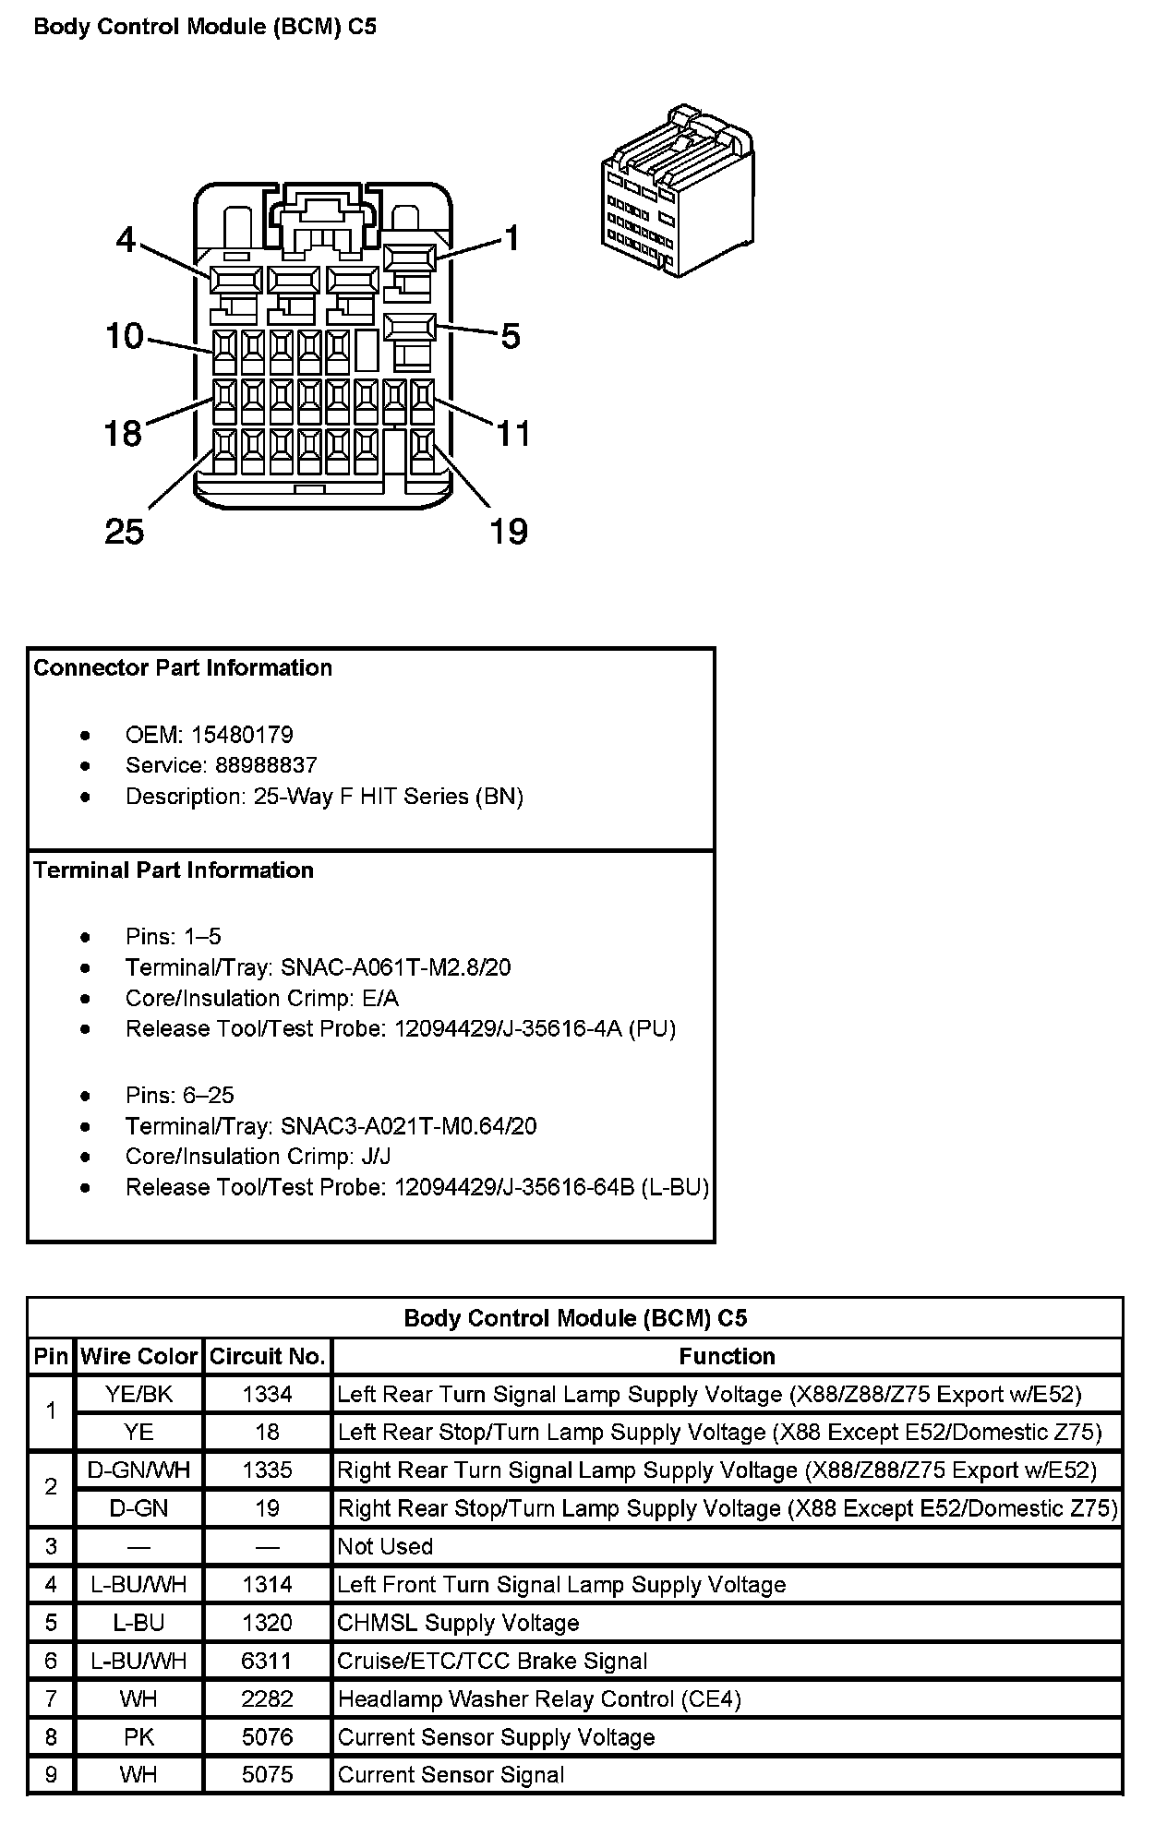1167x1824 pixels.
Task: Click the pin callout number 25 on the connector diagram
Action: click(125, 532)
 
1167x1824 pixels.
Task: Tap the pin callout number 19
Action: click(508, 532)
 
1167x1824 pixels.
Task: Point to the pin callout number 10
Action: click(124, 336)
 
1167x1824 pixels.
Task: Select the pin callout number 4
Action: click(126, 240)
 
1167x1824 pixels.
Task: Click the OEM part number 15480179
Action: click(242, 735)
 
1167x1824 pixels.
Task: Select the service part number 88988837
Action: click(266, 765)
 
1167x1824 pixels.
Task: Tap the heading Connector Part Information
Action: click(183, 667)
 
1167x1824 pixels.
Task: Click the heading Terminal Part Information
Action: click(174, 870)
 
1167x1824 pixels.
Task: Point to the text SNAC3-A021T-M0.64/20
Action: click(409, 1126)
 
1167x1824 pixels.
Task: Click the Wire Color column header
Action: click(138, 1356)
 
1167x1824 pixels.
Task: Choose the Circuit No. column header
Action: click(267, 1356)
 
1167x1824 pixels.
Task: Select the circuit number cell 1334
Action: click(267, 1394)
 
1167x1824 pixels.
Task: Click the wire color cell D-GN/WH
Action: click(138, 1470)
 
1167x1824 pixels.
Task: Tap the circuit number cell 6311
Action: click(267, 1661)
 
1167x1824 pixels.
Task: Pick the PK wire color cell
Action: click(138, 1737)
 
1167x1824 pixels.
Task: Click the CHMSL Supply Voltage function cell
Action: click(459, 1623)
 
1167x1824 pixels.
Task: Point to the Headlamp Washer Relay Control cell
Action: click(540, 1698)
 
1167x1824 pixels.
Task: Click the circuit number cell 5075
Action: click(267, 1774)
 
